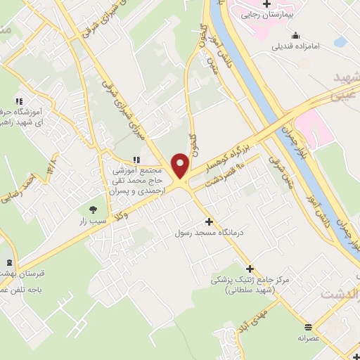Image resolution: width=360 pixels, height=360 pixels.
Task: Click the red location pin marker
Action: coord(181,166)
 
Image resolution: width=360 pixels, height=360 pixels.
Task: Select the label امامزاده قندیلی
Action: coord(296,47)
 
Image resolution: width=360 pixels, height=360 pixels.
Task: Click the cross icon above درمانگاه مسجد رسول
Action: coord(208,221)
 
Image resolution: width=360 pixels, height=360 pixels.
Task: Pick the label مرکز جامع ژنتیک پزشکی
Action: coord(250,280)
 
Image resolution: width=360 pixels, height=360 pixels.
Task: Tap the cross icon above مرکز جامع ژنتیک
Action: coord(250,268)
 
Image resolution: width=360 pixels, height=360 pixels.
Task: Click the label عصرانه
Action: coord(309,337)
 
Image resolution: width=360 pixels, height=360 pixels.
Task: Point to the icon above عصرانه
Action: coord(309,326)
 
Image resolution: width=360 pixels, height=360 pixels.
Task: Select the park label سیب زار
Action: coord(92,220)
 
